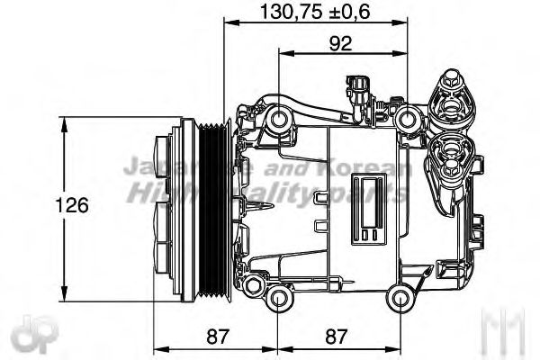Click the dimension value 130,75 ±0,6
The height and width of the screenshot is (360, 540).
pyautogui.click(x=316, y=12)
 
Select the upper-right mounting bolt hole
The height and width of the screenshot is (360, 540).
pyautogui.click(x=409, y=117)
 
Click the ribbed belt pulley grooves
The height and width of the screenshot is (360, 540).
pyautogui.click(x=215, y=207)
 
